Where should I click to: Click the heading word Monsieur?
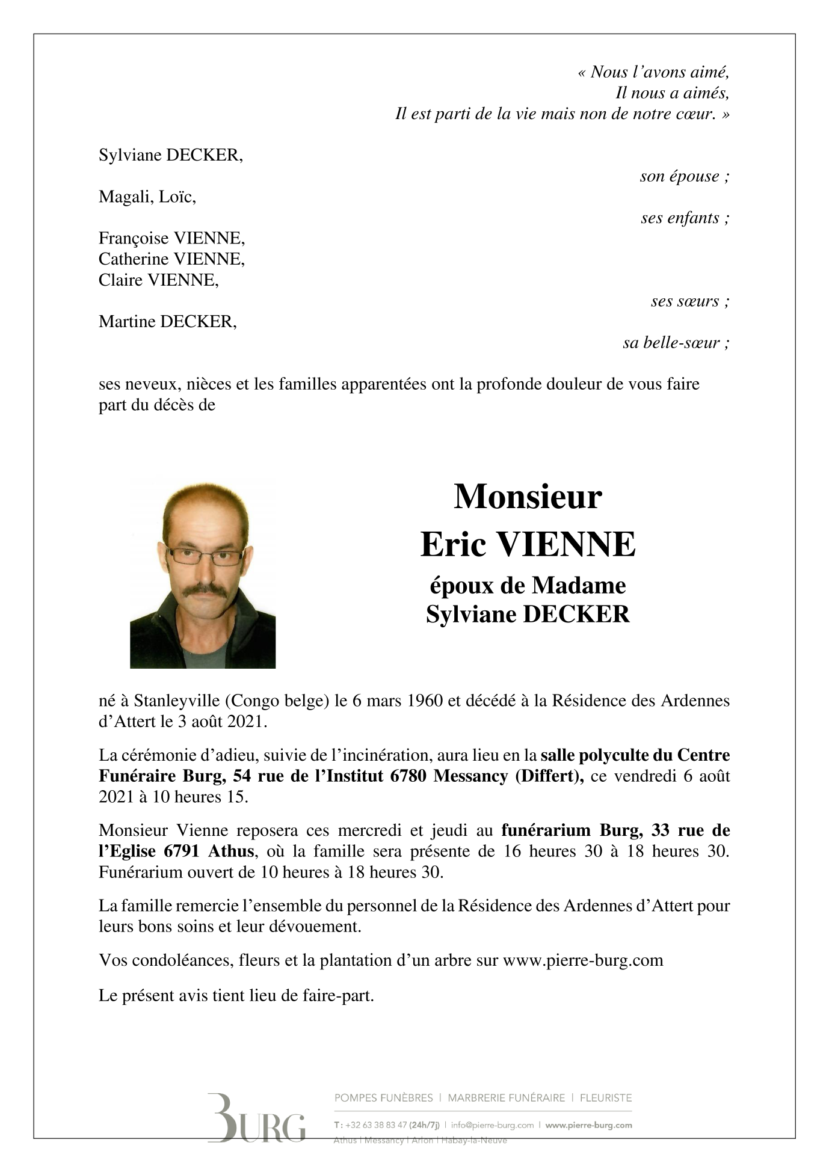click(528, 497)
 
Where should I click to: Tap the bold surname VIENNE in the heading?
click(564, 545)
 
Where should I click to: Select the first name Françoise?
click(134, 239)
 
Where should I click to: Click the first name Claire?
click(120, 280)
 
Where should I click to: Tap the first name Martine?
click(127, 322)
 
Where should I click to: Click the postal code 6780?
click(408, 776)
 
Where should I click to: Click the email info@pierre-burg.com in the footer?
click(492, 1124)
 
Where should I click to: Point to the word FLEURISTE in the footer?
click(605, 1097)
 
